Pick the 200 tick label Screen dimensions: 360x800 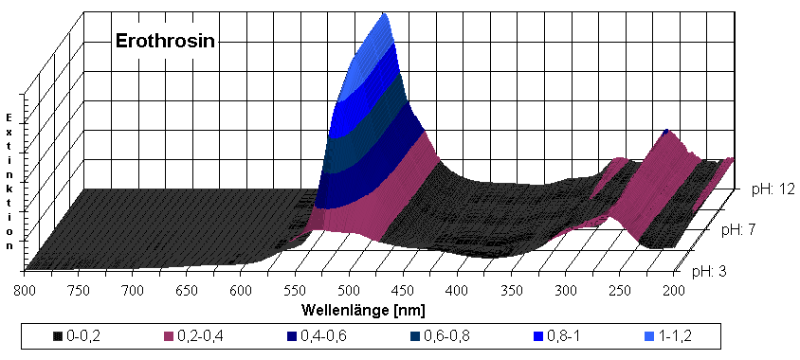coord(676,289)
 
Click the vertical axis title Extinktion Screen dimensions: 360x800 coord(9,180)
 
